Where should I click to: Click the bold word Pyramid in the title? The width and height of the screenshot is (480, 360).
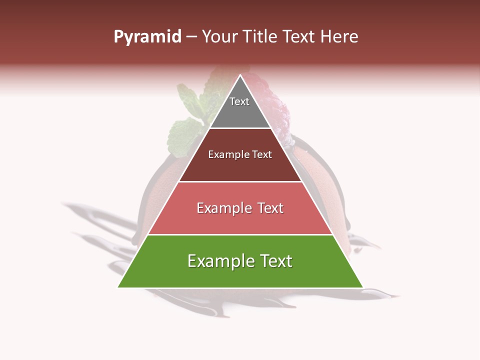pos(147,37)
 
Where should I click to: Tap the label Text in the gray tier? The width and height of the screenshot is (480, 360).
pos(239,101)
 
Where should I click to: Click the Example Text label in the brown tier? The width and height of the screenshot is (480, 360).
pos(240,154)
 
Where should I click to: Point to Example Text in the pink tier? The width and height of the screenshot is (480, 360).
pos(240,208)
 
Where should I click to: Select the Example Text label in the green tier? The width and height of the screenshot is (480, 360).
pos(240,261)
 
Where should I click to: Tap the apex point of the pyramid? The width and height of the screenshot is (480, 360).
pos(240,75)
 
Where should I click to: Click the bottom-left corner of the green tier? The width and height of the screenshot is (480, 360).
pos(118,287)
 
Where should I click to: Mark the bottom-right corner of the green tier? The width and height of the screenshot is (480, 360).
pos(362,287)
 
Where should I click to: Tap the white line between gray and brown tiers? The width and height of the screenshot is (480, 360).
pos(240,128)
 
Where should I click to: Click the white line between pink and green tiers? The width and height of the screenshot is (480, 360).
pos(240,234)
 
